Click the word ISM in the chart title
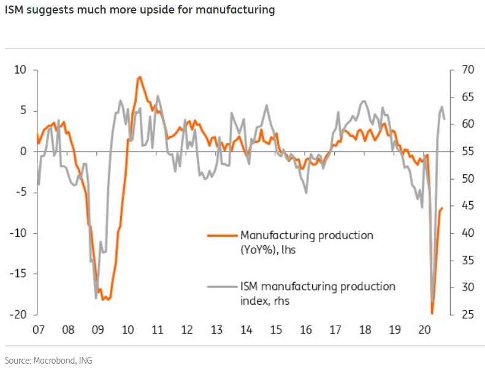[15, 10]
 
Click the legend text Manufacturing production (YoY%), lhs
[307, 242]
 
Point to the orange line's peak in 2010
[140, 77]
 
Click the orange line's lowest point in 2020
[432, 313]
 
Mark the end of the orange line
[442, 208]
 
